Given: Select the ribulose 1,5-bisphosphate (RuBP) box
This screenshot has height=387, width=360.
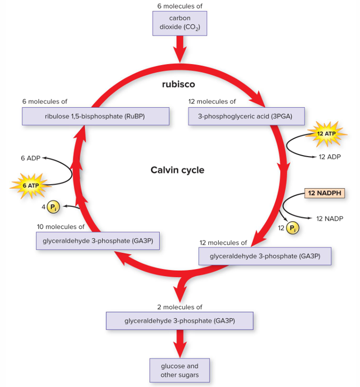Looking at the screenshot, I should coord(95,116).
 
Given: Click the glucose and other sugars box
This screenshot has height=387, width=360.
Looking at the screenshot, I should coord(179,371).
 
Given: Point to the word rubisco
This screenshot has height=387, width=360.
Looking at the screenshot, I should coord(178,84).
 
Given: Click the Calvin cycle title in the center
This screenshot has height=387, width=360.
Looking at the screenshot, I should coord(177,170).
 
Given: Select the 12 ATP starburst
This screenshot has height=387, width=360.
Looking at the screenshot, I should coord(326,134).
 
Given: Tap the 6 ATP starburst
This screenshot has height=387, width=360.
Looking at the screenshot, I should coord(29,185).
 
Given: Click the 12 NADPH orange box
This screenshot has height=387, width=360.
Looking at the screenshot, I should coord(324,193).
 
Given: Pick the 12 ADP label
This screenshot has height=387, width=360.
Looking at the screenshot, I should coord(329,157).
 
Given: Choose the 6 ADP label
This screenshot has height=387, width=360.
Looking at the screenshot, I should coord(30,158).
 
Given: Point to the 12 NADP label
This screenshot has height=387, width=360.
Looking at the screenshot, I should coord(329,219).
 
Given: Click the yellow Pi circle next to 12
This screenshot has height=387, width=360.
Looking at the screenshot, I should coord(292,228).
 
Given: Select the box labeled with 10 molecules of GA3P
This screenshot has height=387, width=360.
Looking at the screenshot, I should coord(98,241).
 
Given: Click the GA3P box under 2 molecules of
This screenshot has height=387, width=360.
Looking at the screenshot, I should coord(179,321).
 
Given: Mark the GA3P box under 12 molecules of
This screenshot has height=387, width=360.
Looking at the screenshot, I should coord(264,256).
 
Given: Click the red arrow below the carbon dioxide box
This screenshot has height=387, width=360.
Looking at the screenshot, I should coord(179,50).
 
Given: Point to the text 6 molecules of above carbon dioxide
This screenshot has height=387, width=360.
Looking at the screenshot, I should coord(179,6).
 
